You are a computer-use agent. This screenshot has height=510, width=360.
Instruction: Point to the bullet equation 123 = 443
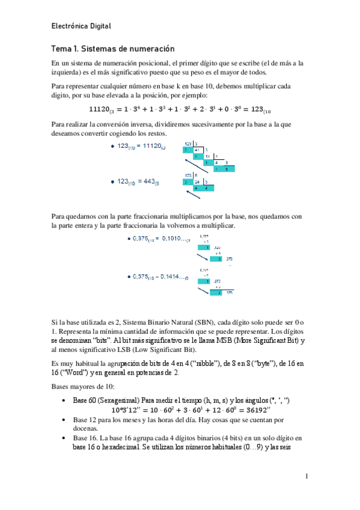136,181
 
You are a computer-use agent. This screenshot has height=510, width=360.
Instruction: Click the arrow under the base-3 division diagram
193,164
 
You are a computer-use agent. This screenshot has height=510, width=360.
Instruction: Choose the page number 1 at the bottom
306,477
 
